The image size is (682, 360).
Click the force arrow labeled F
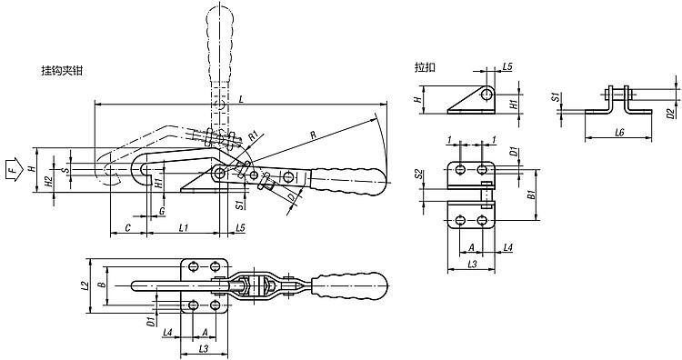14,169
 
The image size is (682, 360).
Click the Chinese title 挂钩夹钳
62,71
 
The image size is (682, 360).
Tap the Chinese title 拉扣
425,67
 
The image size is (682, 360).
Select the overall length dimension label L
241,100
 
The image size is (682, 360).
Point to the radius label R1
254,135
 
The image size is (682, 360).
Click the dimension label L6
619,132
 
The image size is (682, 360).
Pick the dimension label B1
531,195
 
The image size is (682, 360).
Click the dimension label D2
671,114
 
